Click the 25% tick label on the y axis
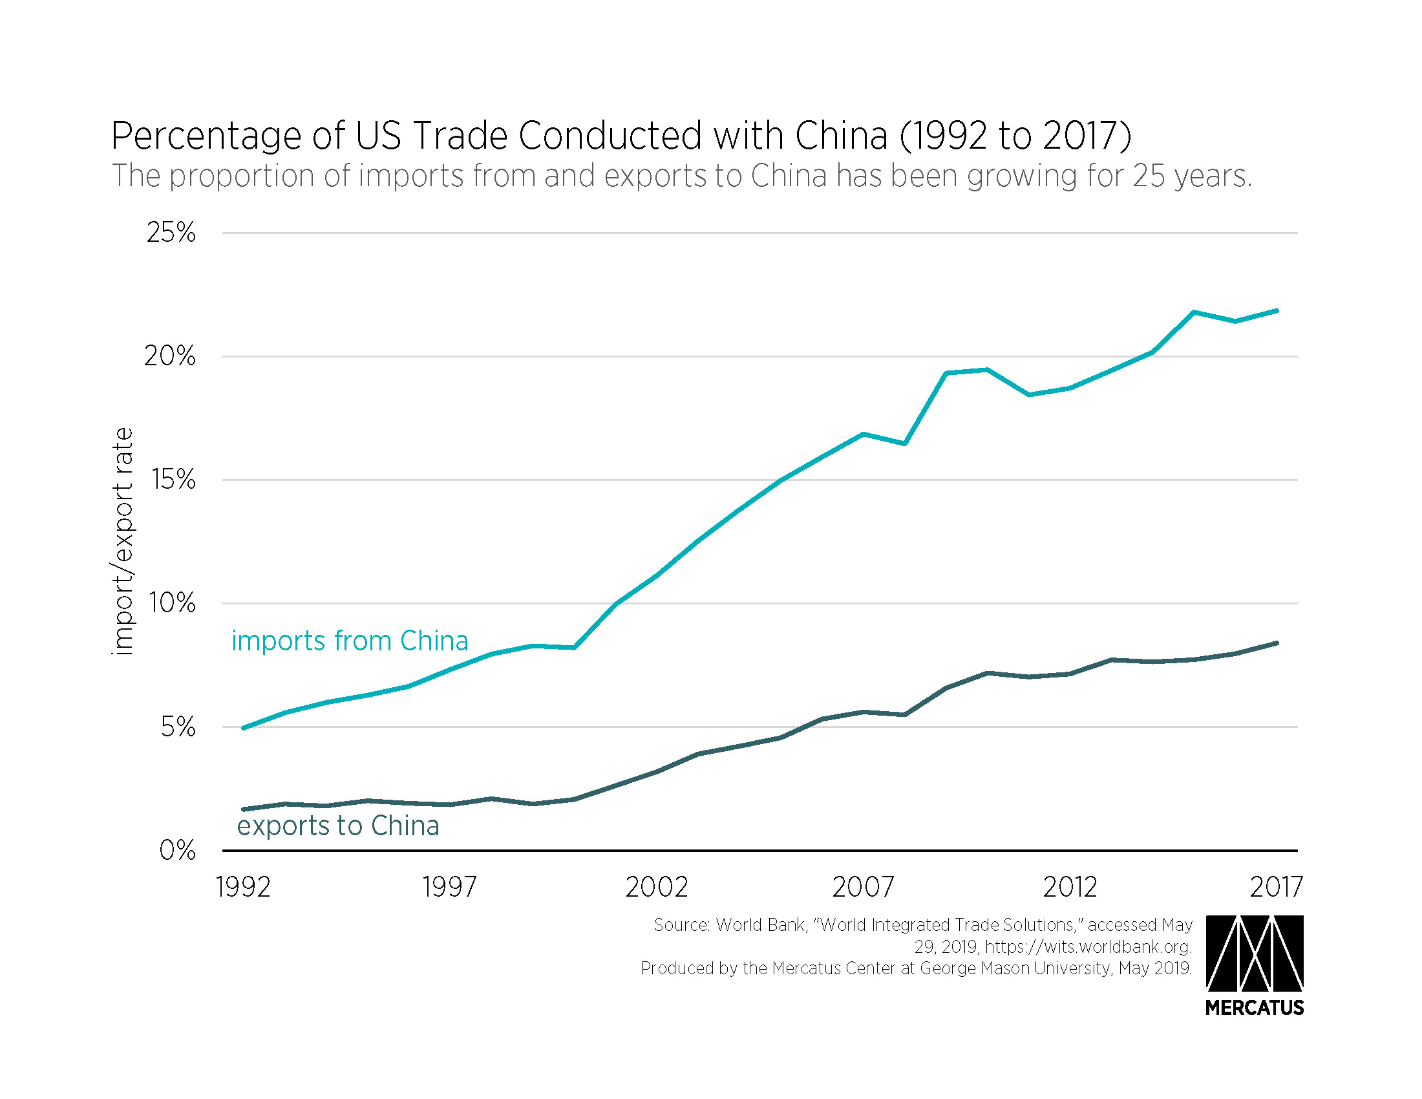171,233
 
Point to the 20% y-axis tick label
169,356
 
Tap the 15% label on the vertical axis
173,480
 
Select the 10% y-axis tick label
172,603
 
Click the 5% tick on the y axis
178,727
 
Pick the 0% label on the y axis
177,849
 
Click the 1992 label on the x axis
243,887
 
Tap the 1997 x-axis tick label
449,887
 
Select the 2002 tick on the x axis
656,887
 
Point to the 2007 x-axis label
863,887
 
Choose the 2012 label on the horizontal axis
1070,887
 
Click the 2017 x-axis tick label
1275,887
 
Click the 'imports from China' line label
350,641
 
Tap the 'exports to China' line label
338,826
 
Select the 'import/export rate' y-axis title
122,541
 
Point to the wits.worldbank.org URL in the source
1088,946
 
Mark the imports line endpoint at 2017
1276,311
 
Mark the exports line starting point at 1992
244,809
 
